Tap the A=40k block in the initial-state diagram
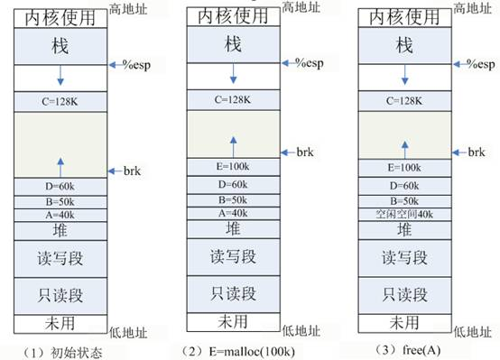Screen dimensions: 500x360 click(60, 215)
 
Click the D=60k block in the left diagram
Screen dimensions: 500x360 click(60, 186)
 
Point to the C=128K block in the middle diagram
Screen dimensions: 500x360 click(232, 100)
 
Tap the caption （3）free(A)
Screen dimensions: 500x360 click(400, 348)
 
